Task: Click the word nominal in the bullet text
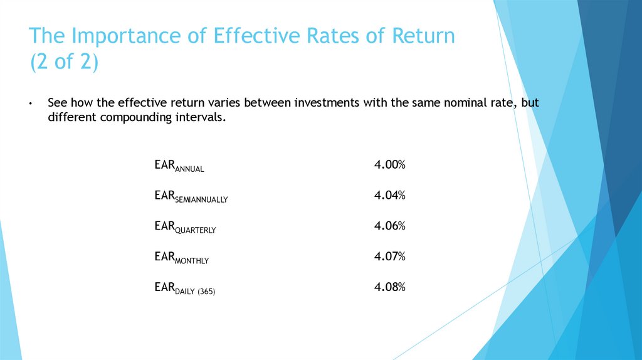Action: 449,103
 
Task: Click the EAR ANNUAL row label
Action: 179,166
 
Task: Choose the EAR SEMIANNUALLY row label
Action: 191,197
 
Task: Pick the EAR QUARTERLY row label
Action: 185,227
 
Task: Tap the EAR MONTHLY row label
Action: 182,258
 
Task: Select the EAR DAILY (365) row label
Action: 184,289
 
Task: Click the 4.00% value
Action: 389,165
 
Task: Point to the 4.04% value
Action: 389,196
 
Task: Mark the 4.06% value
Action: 389,226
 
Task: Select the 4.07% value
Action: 389,257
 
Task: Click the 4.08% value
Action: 389,287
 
